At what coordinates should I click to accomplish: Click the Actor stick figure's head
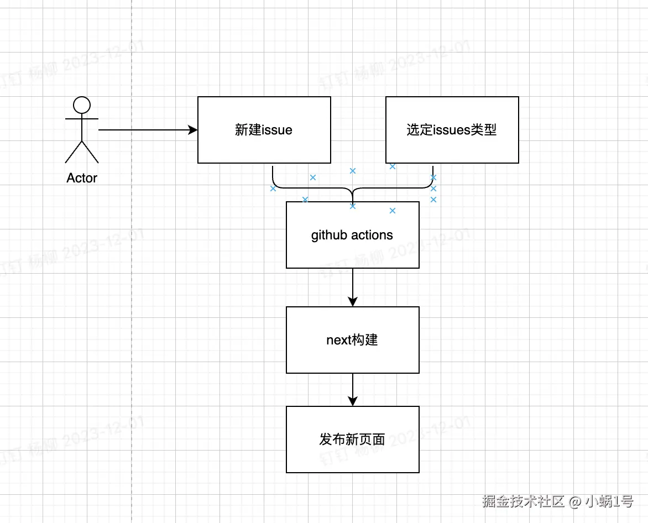(82, 104)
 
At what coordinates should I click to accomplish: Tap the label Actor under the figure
(82, 178)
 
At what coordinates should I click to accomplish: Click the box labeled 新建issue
(264, 130)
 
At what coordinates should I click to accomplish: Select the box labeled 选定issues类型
(452, 130)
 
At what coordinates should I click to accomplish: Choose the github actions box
(353, 235)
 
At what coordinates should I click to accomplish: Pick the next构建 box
(353, 340)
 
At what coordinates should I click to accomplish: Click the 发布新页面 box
(353, 440)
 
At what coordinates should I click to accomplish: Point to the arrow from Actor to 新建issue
(144, 130)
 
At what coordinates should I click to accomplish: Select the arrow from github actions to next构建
(353, 285)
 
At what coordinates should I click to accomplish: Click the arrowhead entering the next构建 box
(353, 302)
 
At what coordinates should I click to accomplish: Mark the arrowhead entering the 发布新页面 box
(353, 401)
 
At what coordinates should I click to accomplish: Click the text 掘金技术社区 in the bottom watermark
(522, 501)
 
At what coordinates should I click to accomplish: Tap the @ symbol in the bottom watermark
(575, 501)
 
